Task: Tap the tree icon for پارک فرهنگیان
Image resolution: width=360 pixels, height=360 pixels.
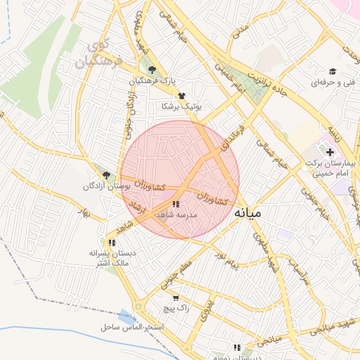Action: (153, 69)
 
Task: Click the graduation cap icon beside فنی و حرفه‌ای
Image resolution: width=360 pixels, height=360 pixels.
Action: (333, 70)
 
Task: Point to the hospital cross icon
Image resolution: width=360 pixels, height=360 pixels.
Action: (330, 152)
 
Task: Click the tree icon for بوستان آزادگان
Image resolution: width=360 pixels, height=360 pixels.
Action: (106, 175)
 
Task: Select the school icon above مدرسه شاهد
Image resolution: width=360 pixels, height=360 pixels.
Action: (175, 204)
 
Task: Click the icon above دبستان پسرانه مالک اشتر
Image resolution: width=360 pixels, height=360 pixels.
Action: (112, 243)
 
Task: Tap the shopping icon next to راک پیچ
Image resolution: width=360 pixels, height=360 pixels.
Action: (175, 297)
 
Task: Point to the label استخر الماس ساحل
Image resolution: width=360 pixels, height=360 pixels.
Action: (132, 328)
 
